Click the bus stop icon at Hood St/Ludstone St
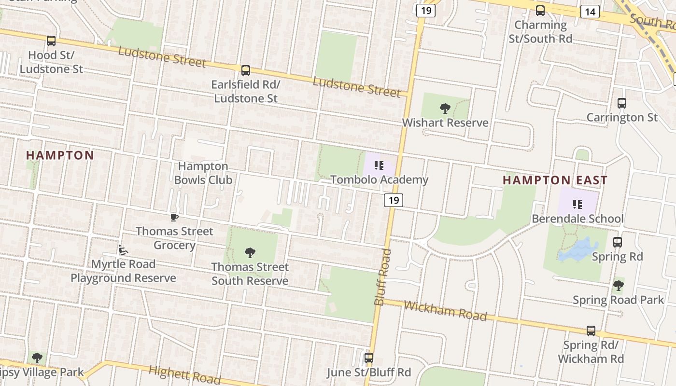tap(51, 41)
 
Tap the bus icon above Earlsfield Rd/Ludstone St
tap(246, 70)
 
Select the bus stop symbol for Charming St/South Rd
tap(540, 11)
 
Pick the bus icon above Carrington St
tap(622, 103)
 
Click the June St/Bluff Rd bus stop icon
tap(369, 358)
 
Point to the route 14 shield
tap(590, 12)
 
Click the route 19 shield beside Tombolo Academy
tap(394, 200)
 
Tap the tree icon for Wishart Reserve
tap(445, 109)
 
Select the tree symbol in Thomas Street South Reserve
tap(250, 252)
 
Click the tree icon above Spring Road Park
tap(618, 286)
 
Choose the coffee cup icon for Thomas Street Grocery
tap(174, 218)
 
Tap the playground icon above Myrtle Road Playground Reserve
tap(123, 250)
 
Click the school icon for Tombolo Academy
tap(379, 166)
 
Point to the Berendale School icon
tap(577, 205)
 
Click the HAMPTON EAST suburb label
tap(555, 180)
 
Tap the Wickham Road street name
tap(445, 311)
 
